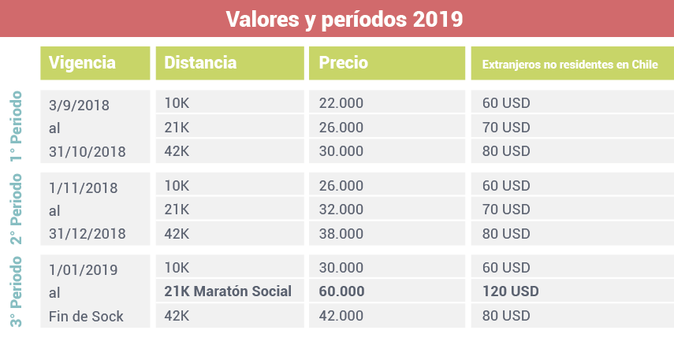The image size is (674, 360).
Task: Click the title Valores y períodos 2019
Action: [344, 19]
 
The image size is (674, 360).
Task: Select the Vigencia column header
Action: [82, 63]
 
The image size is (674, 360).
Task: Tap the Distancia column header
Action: [200, 63]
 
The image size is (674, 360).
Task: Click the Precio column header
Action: [343, 63]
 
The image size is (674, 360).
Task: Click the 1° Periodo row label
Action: [17, 126]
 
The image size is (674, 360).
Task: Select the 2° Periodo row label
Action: [17, 209]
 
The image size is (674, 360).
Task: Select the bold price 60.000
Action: [341, 291]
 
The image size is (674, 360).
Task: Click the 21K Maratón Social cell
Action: [228, 291]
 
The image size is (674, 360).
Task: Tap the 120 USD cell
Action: [511, 291]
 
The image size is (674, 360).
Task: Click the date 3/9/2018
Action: [79, 105]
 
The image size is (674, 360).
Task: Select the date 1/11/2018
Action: [83, 188]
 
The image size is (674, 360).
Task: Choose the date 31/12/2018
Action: [87, 234]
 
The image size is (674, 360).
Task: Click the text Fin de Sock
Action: [86, 317]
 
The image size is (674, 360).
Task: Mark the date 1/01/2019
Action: [83, 270]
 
